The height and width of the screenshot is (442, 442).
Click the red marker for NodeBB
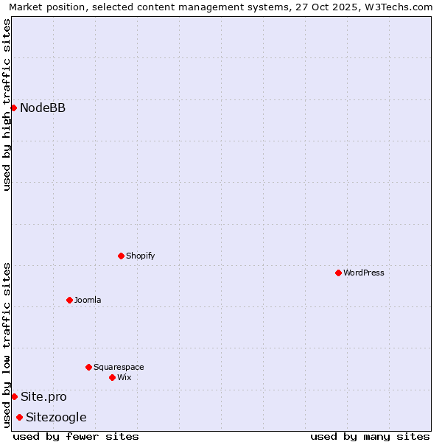13,108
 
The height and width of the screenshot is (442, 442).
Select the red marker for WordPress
338,273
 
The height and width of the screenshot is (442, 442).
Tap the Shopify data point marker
121,256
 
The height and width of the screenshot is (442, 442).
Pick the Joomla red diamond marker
69,300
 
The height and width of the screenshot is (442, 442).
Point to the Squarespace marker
88,367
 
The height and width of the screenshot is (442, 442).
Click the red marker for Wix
112,377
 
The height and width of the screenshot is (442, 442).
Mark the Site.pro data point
14,396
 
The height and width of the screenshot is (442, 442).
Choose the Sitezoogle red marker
19,418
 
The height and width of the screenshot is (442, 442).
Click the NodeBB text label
43,108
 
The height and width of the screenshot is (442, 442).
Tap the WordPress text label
364,273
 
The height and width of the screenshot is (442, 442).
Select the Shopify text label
140,256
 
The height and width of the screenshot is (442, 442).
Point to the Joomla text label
88,300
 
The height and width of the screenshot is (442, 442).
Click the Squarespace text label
119,367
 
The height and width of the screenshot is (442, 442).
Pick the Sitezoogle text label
56,418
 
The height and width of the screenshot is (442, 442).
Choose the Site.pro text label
43,396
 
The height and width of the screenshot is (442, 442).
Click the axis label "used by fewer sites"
76,436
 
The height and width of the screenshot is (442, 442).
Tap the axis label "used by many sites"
370,436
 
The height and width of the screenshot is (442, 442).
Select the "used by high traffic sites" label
7,105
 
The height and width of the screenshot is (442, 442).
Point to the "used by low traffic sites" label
7,345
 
